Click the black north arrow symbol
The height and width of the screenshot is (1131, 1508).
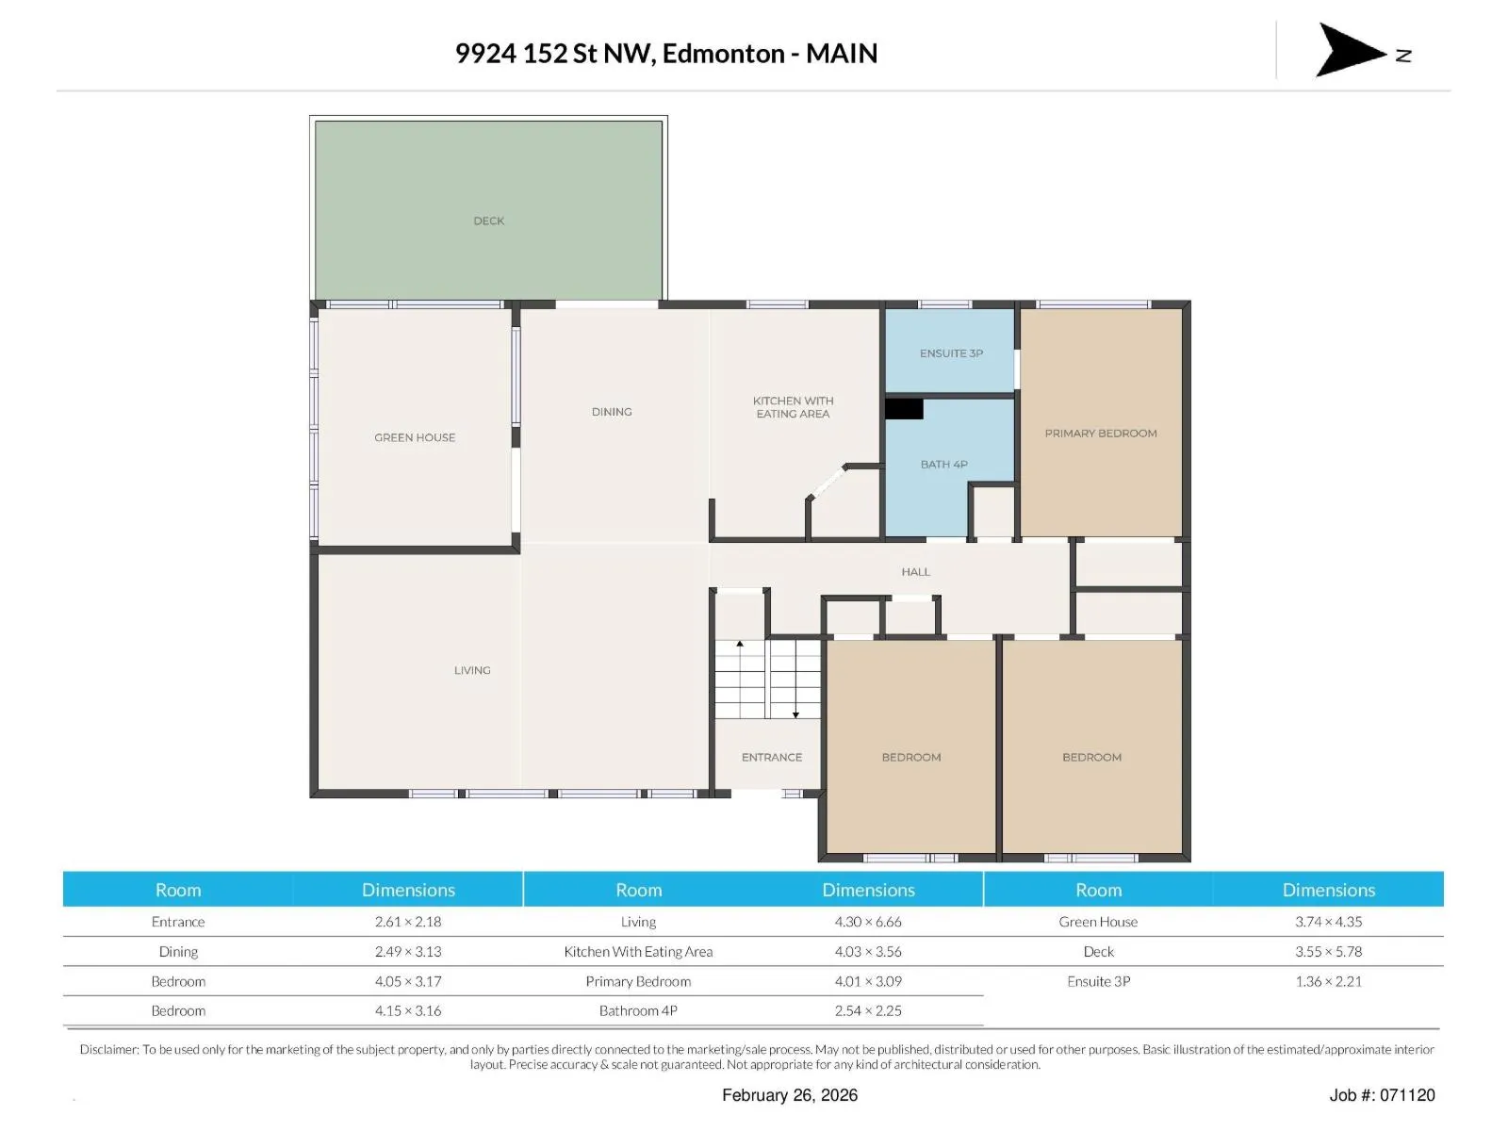[1348, 50]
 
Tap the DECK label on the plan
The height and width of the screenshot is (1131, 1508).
[488, 221]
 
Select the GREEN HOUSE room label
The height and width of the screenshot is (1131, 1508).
[415, 437]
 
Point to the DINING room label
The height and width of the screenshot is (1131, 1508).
[612, 411]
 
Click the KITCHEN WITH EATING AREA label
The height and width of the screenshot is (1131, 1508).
[793, 406]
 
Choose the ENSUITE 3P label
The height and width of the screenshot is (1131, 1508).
[952, 352]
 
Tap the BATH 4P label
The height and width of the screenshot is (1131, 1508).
[944, 465]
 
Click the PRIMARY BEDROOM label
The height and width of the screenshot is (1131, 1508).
[1101, 434]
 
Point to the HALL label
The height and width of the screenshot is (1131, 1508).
[916, 571]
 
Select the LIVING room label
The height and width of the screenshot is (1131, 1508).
[472, 670]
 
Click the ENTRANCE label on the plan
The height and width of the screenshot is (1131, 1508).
[772, 757]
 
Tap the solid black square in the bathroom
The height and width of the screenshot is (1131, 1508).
[904, 409]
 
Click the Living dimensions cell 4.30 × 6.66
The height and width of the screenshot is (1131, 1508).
[868, 922]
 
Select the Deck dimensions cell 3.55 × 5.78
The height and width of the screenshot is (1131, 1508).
[1328, 951]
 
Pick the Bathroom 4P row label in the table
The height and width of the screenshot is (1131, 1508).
[638, 1010]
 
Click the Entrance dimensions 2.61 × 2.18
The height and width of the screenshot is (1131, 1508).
[408, 922]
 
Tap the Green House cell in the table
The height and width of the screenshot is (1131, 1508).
[1098, 922]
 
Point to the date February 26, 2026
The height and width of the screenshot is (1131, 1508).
[790, 1095]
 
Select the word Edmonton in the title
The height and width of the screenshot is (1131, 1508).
[723, 54]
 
